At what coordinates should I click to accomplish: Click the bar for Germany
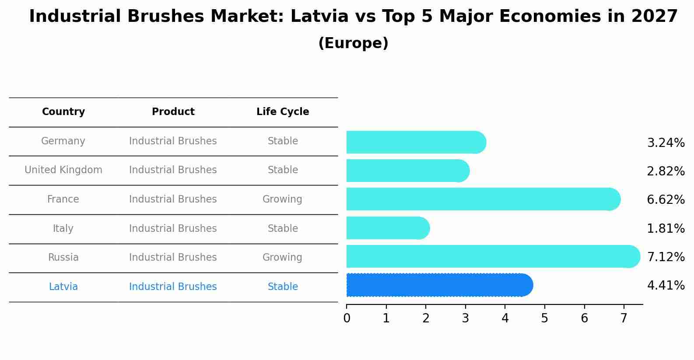point(416,142)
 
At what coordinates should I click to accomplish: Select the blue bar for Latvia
point(439,285)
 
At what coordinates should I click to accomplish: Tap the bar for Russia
point(493,256)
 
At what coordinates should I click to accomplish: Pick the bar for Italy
point(388,228)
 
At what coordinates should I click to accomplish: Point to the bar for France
point(483,199)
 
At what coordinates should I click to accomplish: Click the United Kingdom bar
point(407,171)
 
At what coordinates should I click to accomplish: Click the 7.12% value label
point(666,257)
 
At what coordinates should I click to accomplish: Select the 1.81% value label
point(666,228)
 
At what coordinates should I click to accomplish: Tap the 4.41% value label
point(666,286)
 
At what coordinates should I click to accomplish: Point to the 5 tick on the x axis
point(544,318)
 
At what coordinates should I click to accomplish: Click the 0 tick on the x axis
point(347,318)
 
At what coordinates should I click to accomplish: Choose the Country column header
point(63,112)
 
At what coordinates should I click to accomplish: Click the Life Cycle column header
point(283,112)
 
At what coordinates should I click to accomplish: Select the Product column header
point(173,112)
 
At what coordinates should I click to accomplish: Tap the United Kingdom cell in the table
point(63,170)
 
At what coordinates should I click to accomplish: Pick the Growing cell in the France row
point(282,199)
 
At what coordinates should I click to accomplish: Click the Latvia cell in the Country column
point(63,287)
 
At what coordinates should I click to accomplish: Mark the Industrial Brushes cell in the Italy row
point(173,228)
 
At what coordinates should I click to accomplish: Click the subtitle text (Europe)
point(353,43)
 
